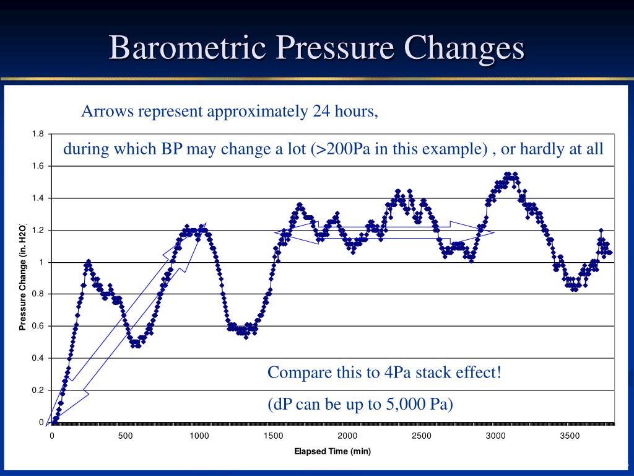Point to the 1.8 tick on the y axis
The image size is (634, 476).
[x=38, y=134]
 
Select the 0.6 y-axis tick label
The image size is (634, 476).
[x=38, y=326]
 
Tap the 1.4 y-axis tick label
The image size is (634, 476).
[x=38, y=198]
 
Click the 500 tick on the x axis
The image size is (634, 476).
[x=126, y=436]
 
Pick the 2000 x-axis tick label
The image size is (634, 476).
[x=347, y=436]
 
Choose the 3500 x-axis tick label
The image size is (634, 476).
[x=570, y=436]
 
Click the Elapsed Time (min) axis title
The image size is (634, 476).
[x=332, y=452]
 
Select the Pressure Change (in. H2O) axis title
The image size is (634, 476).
[x=22, y=276]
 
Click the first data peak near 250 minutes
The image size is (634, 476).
[x=89, y=262]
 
